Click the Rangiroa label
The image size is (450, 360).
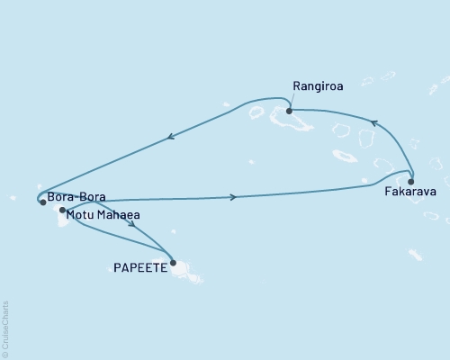[x=315, y=87]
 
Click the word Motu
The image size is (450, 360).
[x=83, y=215]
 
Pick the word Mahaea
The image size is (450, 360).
[x=120, y=215]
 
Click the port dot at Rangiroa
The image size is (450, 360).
[x=289, y=112]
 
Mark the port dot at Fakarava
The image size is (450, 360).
[x=410, y=181]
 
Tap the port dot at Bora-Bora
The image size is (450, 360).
[x=42, y=202]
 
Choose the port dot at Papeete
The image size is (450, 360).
[x=173, y=263]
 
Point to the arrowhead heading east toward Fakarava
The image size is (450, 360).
[x=234, y=196]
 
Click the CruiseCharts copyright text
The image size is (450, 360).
[x=5, y=328]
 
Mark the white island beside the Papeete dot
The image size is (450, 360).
[x=185, y=268]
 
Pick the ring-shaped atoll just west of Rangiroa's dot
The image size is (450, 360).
[x=256, y=113]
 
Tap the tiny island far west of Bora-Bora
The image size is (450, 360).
[x=13, y=197]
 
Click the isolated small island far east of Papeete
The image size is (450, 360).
[x=415, y=256]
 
